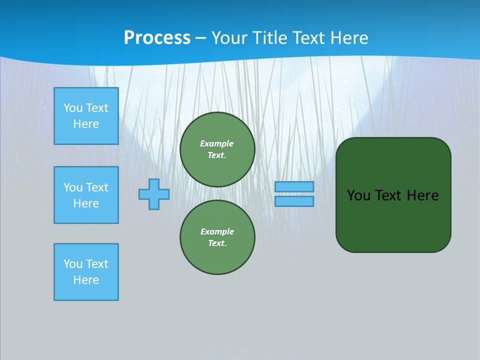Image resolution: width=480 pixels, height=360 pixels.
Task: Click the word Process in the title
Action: [x=157, y=38]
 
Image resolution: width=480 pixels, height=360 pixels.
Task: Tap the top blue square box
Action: [x=86, y=116]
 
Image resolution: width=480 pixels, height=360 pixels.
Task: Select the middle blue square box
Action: [x=86, y=195]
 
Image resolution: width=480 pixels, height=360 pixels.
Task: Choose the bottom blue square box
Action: [x=86, y=272]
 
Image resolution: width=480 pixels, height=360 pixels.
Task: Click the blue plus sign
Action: [x=154, y=194]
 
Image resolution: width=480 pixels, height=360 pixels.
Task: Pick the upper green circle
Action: [x=217, y=149]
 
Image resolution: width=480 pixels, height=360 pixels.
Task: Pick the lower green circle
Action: [x=217, y=237]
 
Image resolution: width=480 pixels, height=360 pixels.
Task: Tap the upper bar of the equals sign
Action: [x=294, y=187]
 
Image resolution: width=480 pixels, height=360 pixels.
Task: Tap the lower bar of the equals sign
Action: [x=294, y=201]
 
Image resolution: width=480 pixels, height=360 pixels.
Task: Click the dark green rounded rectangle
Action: [x=393, y=220]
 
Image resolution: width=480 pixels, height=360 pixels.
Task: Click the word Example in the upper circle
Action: [x=217, y=143]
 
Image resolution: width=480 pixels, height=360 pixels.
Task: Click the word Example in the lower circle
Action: [x=217, y=231]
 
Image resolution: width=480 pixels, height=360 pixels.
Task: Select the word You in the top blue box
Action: [x=73, y=108]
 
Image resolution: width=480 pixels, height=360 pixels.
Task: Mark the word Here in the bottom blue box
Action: [x=86, y=280]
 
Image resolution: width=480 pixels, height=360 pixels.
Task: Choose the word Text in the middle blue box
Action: [x=97, y=187]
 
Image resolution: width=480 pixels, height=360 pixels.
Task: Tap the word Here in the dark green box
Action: [x=422, y=195]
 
